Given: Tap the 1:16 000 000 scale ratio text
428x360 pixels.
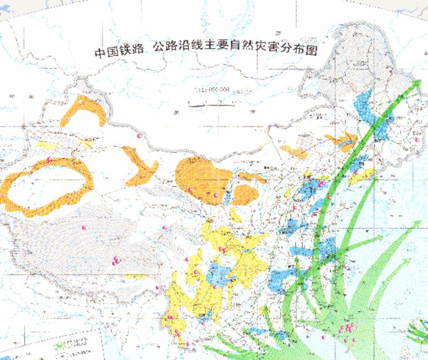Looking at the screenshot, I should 212,89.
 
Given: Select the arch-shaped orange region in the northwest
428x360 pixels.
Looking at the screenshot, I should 84,111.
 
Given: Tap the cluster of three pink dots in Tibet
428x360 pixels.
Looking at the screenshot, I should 115,260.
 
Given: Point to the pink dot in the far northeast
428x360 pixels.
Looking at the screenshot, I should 416,140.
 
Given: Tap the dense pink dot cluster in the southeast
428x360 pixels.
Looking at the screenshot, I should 349,330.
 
